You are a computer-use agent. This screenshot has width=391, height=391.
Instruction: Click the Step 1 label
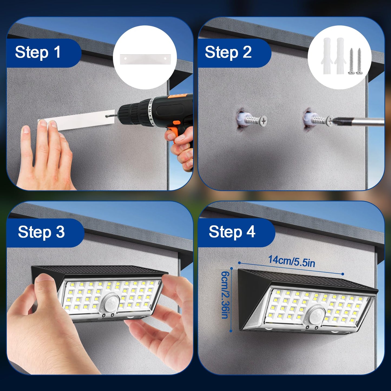coord(38,52)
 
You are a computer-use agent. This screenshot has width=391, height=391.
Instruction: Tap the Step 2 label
coord(228,52)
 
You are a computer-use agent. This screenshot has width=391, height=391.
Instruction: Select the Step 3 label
coord(41,232)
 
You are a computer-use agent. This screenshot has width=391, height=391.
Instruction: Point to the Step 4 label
coord(232,232)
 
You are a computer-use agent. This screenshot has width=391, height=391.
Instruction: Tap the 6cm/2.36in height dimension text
coord(225,295)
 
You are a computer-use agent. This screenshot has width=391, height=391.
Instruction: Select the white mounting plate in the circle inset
coord(145,59)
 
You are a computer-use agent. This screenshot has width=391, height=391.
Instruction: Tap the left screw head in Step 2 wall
coord(263,121)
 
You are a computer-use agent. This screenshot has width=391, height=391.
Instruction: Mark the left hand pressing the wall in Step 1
coord(43,157)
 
